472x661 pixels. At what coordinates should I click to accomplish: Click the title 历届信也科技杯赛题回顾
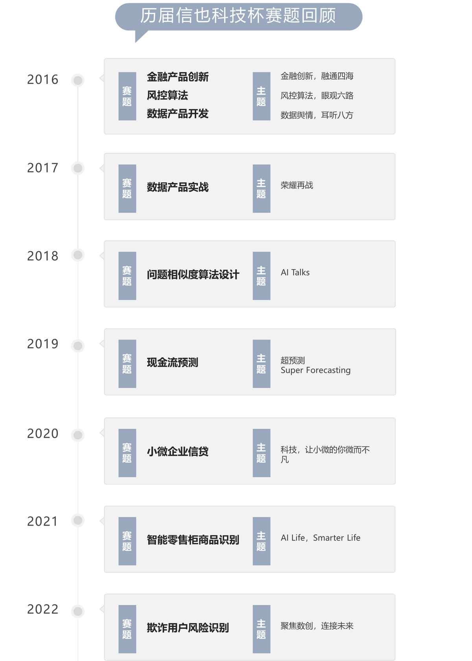click(238, 15)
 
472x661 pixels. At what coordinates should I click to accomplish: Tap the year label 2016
click(43, 79)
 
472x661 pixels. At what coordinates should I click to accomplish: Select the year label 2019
click(43, 344)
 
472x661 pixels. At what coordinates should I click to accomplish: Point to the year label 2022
click(43, 609)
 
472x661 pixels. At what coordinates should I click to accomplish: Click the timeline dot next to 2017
click(78, 168)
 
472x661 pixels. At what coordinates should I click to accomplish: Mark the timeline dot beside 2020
click(78, 435)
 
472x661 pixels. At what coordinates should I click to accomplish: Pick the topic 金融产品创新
click(178, 77)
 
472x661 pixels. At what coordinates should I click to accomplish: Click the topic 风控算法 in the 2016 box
click(167, 95)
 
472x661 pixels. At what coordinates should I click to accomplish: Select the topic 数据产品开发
click(178, 114)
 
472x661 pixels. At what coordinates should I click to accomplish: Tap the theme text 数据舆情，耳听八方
click(317, 115)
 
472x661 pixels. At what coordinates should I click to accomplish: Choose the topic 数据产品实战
click(178, 187)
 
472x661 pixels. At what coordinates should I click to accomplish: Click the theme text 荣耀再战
click(297, 185)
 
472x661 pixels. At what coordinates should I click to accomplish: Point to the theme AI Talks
click(295, 272)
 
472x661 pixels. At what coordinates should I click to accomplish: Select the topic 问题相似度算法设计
click(193, 275)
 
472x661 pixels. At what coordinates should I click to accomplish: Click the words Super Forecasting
click(315, 370)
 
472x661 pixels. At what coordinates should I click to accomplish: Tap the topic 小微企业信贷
click(178, 452)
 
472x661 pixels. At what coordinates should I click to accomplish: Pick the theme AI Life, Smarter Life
click(320, 537)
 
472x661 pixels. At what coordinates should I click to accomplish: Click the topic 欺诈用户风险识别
click(188, 628)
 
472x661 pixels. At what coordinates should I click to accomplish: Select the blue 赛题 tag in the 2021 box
click(127, 541)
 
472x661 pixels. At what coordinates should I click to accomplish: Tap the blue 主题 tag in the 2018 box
click(261, 276)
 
